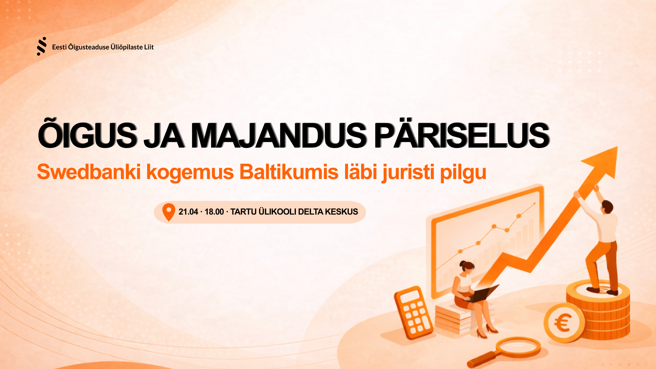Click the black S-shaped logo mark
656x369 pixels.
click(41, 46)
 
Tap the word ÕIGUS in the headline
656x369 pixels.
click(87, 135)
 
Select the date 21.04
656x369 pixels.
click(188, 212)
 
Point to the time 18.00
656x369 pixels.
click(214, 212)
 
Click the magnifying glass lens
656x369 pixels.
click(518, 347)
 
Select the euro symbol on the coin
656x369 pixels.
click(563, 323)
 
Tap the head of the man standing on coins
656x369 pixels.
click(607, 207)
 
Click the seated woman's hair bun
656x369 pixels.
click(463, 264)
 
